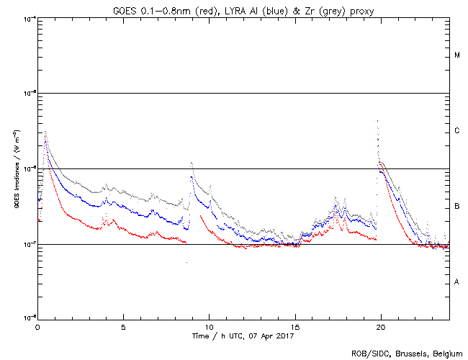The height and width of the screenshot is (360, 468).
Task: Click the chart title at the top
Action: pos(243,8)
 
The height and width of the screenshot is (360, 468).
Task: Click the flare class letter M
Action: pos(457,55)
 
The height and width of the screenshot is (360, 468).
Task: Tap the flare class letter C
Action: pos(457,131)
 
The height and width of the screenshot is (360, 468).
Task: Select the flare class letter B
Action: pos(457,207)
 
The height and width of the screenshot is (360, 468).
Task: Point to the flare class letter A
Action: pos(457,282)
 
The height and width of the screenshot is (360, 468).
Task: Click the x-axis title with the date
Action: pos(243,336)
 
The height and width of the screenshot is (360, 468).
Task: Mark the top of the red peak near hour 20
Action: pos(377,121)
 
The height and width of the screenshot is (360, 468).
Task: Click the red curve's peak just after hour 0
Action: pos(45,132)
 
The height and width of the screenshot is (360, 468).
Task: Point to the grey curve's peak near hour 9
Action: pos(191,163)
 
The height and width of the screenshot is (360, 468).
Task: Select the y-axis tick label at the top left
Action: pos(29,18)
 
